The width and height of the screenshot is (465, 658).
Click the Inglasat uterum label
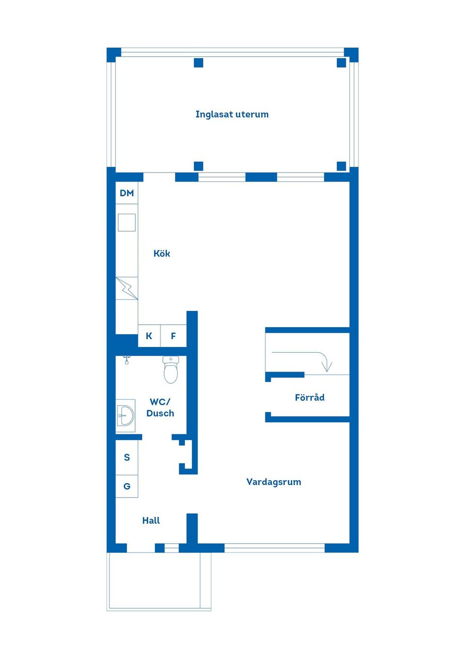(x=232, y=114)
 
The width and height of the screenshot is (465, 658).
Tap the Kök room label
(x=162, y=253)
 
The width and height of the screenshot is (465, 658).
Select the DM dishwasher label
(x=127, y=193)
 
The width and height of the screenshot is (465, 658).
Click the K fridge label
(x=149, y=336)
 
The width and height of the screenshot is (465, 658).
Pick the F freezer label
(x=173, y=336)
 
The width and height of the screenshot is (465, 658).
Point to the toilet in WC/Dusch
(x=170, y=370)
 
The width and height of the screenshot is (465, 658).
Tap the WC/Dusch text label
(x=160, y=407)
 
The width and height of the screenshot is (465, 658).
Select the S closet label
(x=127, y=457)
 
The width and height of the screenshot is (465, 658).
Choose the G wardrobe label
(x=127, y=486)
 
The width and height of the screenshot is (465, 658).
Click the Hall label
(x=151, y=520)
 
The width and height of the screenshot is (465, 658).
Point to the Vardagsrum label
(x=274, y=482)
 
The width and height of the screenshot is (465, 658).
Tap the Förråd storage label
(x=310, y=397)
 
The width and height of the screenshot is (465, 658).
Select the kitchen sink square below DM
(x=127, y=222)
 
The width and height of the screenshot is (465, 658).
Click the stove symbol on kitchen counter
(x=127, y=288)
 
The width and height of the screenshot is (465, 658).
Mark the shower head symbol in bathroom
(x=126, y=360)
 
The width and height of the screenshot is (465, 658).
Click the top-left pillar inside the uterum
(x=199, y=63)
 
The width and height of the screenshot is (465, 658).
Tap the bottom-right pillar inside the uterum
(x=341, y=166)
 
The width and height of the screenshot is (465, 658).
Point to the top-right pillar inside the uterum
(x=341, y=63)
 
